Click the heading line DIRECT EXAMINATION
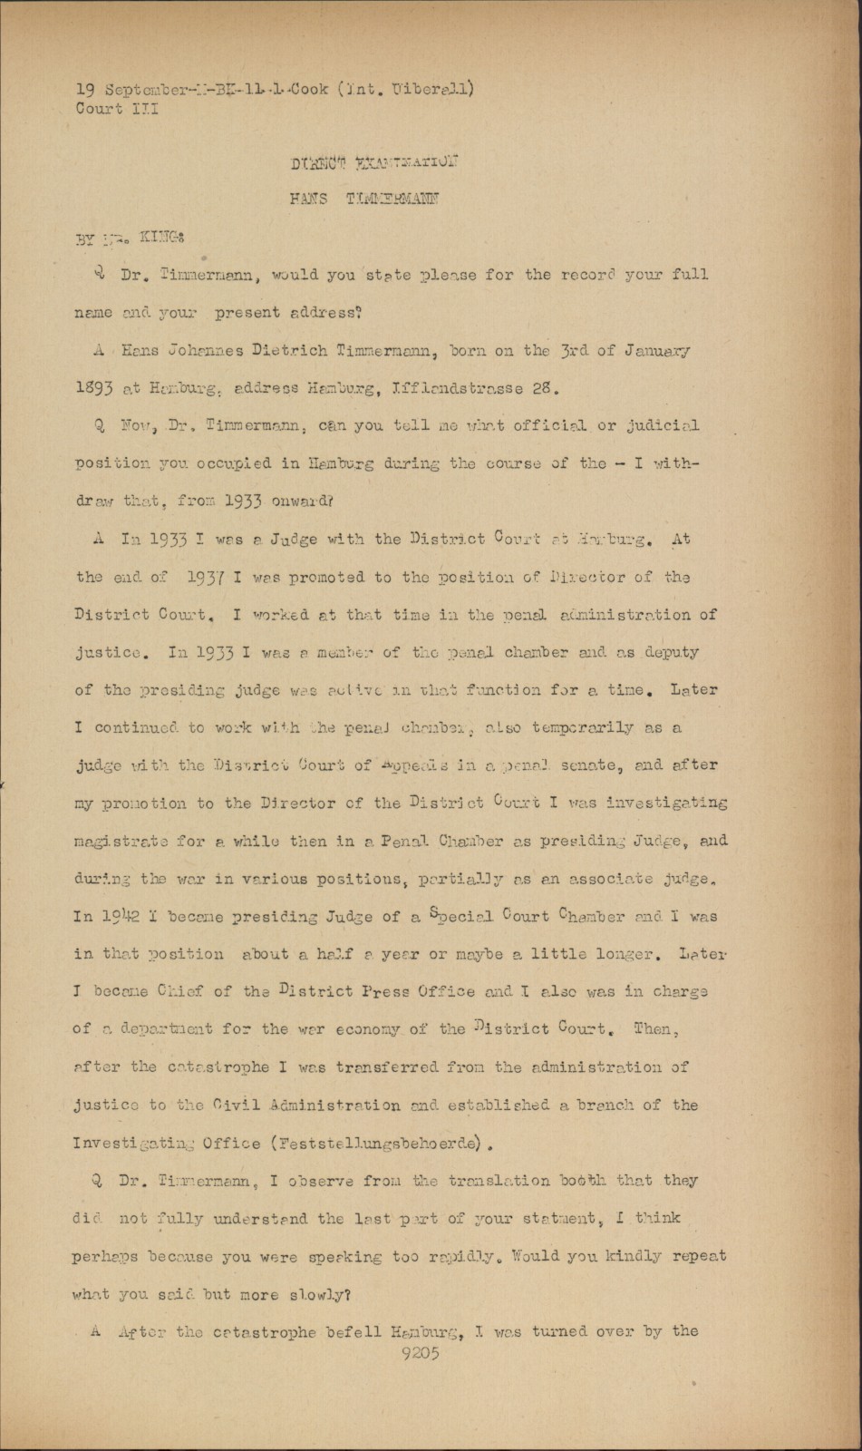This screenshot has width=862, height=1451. point(373,164)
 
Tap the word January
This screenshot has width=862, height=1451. point(654,350)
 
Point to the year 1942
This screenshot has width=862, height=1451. point(120,916)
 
